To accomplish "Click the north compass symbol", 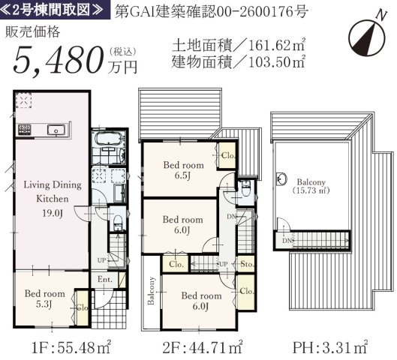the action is pyautogui.click(x=367, y=37).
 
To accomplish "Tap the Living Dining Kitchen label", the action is pyautogui.click(x=53, y=191).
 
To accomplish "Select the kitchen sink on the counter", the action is pyautogui.click(x=56, y=130).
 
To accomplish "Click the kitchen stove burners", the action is pyautogui.click(x=24, y=130).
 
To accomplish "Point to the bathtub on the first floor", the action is pyautogui.click(x=109, y=139).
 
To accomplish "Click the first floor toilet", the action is pyautogui.click(x=118, y=222).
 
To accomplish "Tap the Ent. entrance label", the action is pyautogui.click(x=105, y=279).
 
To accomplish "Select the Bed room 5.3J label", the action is pyautogui.click(x=45, y=298).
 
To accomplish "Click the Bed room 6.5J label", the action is pyautogui.click(x=183, y=170).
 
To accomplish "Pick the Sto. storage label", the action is pyautogui.click(x=247, y=264).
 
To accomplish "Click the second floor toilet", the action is pyautogui.click(x=245, y=188).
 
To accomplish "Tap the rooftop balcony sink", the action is pyautogui.click(x=281, y=179).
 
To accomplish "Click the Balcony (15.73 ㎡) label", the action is pyautogui.click(x=311, y=186).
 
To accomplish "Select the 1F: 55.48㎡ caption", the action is pyautogui.click(x=71, y=347).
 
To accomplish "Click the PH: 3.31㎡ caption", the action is pyautogui.click(x=330, y=347).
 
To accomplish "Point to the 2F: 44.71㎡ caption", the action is pyautogui.click(x=203, y=347).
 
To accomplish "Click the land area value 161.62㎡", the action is pyautogui.click(x=277, y=45).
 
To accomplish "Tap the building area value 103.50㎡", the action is pyautogui.click(x=277, y=61).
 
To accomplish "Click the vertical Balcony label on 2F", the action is pyautogui.click(x=151, y=291).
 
